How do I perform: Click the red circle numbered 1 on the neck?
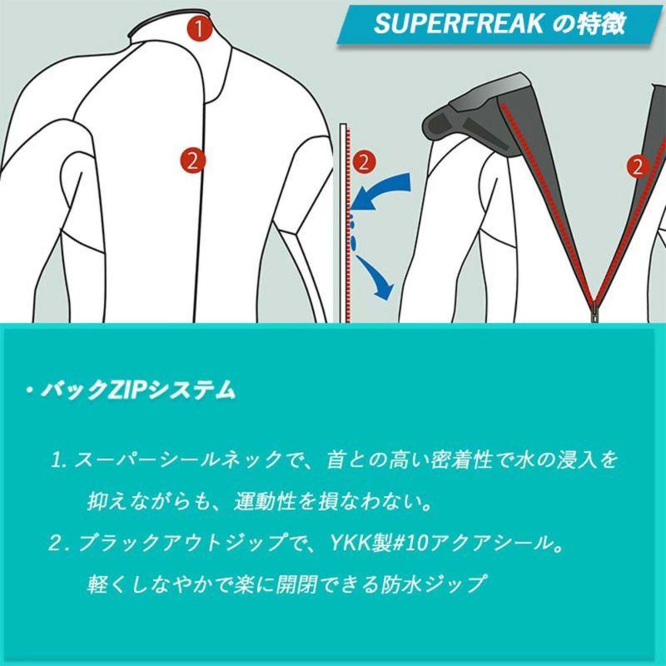[199, 28]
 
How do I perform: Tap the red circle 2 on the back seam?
[192, 161]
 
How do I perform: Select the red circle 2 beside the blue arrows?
[364, 162]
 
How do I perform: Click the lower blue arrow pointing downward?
[377, 278]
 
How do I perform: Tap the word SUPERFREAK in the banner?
[459, 23]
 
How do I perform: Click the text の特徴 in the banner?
[589, 23]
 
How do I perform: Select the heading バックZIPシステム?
[137, 390]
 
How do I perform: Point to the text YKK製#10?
[379, 543]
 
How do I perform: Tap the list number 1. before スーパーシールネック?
[59, 460]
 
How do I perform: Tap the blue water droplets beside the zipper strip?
[352, 233]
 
